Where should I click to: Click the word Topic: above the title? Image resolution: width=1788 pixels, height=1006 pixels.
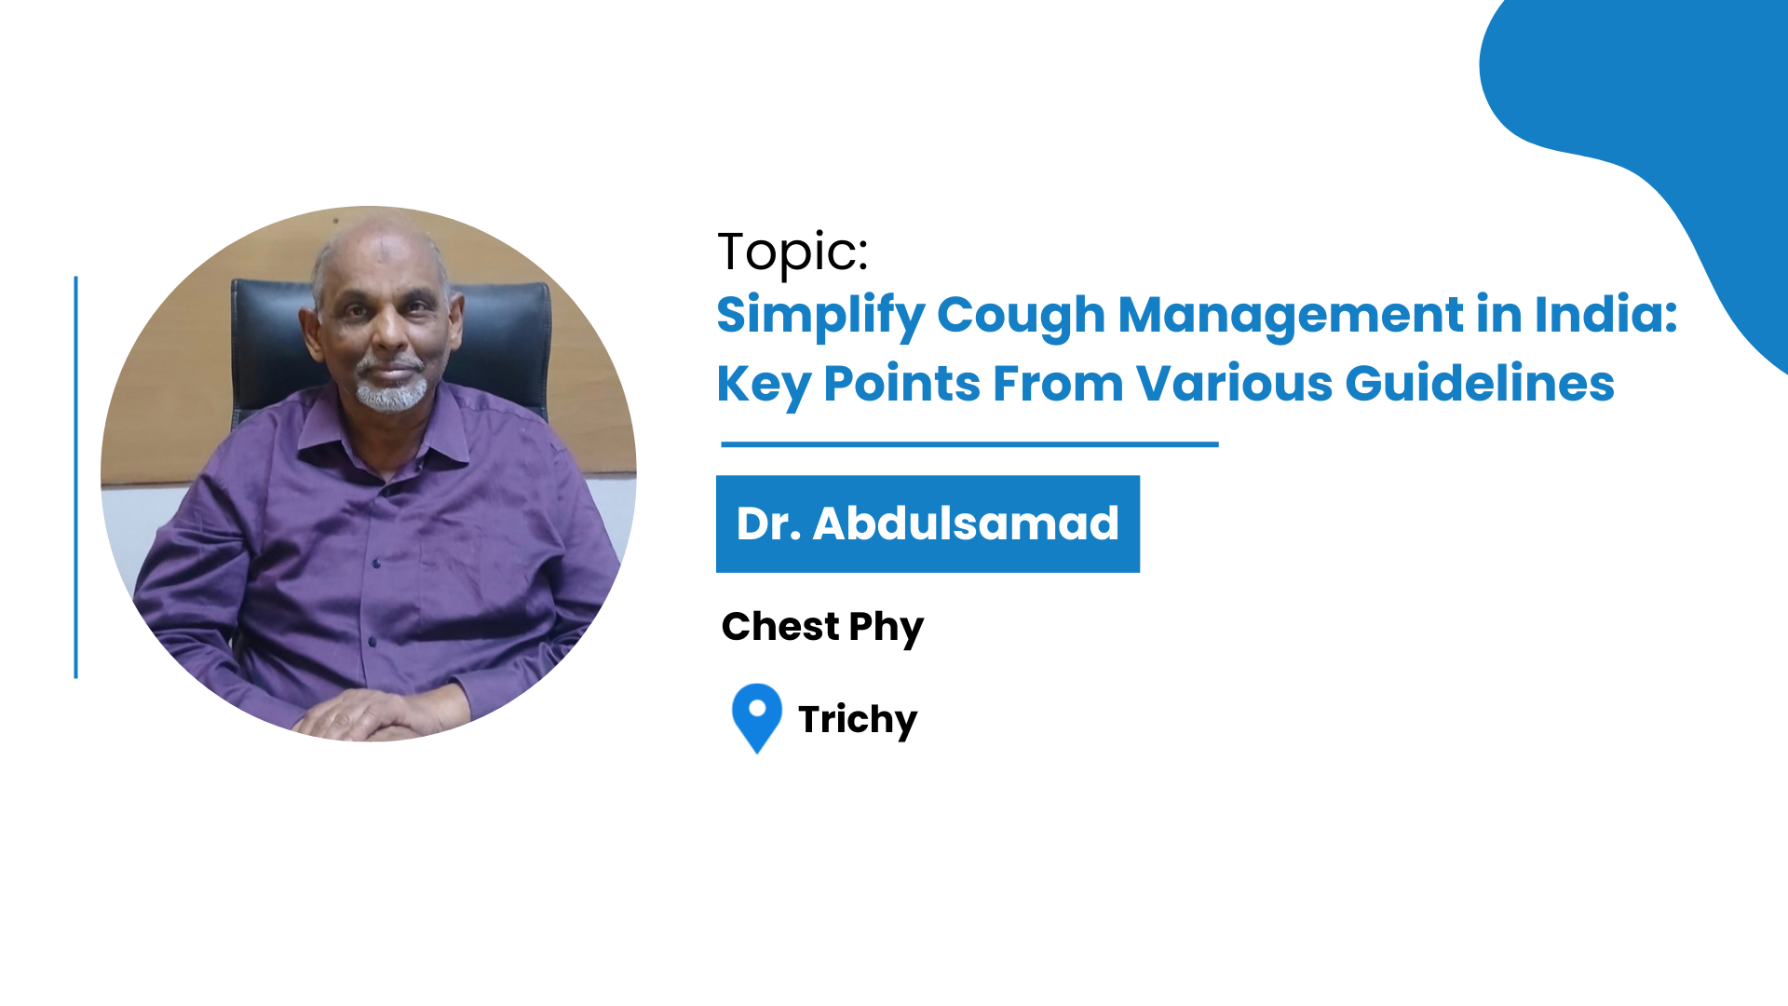792,251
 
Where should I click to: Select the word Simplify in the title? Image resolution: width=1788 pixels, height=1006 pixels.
819,316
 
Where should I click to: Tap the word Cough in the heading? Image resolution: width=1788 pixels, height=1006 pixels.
1021,316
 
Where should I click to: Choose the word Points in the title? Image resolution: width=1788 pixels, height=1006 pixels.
901,384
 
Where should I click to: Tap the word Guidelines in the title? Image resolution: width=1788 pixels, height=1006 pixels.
1480,384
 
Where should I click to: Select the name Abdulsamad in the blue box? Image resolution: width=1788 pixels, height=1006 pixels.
966,523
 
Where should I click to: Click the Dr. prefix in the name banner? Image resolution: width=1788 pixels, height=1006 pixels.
768,524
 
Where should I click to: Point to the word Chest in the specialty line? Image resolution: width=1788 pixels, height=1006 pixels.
780,627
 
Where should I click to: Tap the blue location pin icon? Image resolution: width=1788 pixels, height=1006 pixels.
757,717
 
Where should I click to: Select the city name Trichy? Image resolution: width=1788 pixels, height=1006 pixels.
858,720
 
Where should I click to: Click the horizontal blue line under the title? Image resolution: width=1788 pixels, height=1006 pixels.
969,444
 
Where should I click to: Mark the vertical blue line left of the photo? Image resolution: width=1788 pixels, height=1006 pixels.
75,477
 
